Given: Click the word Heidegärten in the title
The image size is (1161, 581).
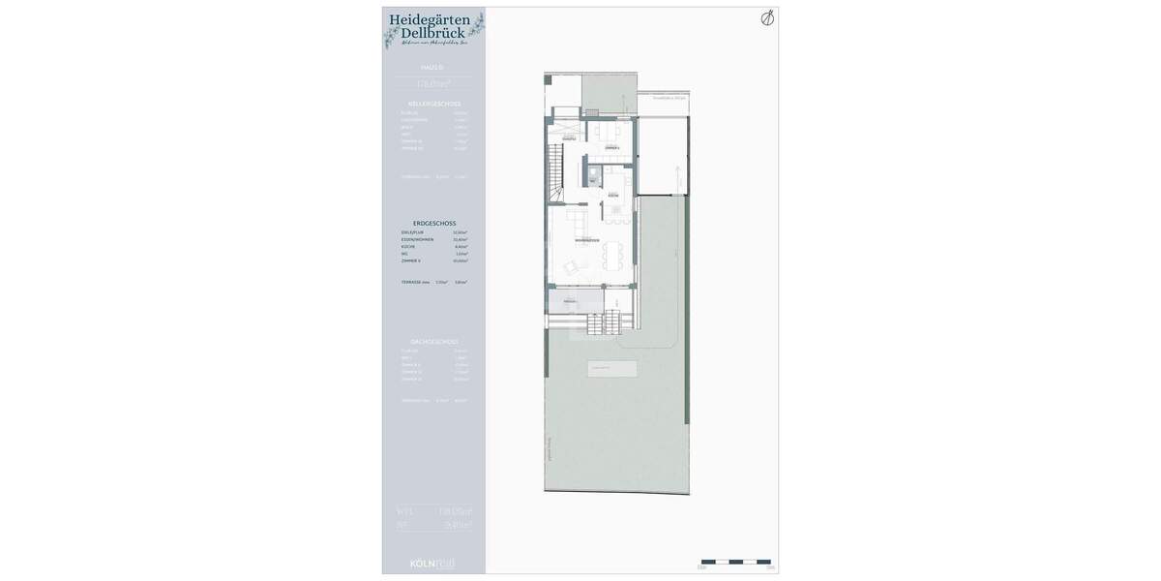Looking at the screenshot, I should [x=430, y=18].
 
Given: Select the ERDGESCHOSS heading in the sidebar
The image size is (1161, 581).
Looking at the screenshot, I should [x=434, y=223].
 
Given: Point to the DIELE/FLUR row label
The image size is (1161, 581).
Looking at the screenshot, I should [x=413, y=232].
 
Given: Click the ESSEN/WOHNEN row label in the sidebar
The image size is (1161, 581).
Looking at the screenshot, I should [x=417, y=239].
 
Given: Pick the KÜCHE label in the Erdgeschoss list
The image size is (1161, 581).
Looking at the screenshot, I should [x=408, y=246].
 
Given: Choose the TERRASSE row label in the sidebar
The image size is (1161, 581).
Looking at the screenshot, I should [x=415, y=282].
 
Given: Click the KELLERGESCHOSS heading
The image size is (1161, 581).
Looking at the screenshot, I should [x=434, y=104].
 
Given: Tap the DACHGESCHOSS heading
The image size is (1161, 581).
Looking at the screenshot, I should [x=434, y=342].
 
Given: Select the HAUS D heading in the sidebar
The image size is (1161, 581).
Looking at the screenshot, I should [x=432, y=68].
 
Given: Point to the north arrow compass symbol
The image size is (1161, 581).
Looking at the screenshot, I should [x=767, y=17].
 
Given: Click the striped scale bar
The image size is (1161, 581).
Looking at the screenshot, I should [x=735, y=562].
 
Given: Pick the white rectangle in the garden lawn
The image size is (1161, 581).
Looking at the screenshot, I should [x=612, y=369].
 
